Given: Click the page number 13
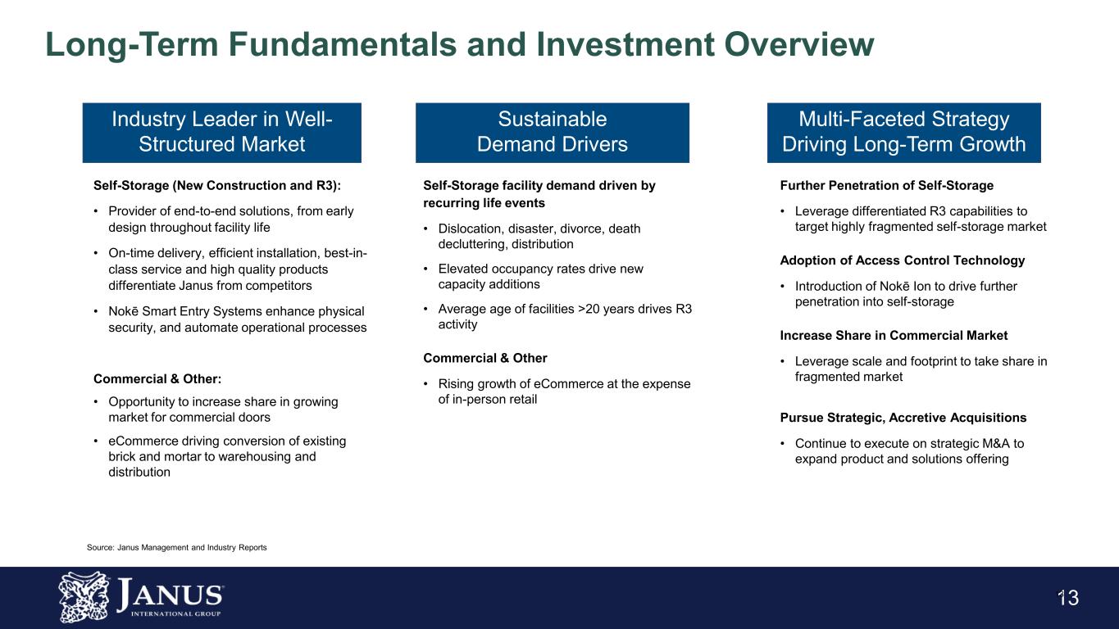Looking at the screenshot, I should point(1067,599).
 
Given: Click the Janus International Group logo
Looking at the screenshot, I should point(141,597).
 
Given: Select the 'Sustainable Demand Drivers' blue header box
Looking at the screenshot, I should point(553,132).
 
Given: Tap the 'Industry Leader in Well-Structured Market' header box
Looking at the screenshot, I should point(221,132).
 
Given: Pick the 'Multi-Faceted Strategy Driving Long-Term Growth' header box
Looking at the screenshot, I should point(903,132).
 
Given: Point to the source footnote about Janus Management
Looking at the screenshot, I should point(176,546).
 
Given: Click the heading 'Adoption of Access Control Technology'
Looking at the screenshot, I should point(902,260).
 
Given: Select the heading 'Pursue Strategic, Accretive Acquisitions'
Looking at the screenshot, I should point(903,418).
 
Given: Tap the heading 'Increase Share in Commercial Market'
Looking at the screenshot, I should point(894,336).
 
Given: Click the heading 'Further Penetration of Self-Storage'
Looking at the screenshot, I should point(886,186).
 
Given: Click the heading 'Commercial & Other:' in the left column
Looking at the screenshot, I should point(157,378).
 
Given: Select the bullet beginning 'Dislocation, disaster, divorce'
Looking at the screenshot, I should point(539,236).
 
